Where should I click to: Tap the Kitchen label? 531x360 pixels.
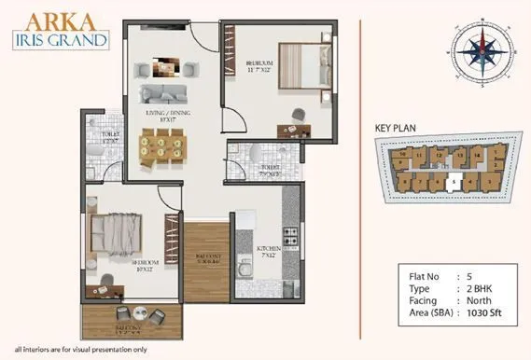269,250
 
